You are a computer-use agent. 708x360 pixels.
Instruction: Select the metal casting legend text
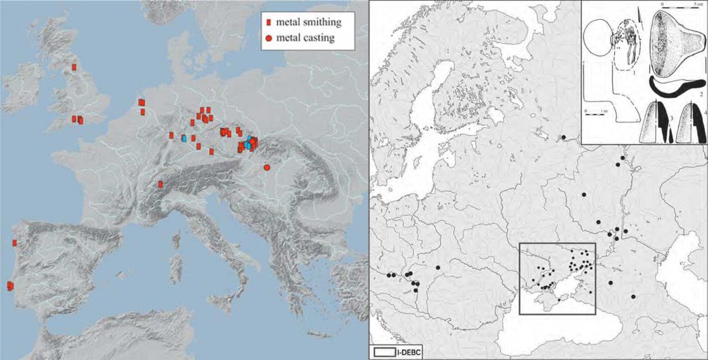pyautogui.click(x=306, y=38)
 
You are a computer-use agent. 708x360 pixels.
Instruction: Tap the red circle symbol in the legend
pyautogui.click(x=268, y=39)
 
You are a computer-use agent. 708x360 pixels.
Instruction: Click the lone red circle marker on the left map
pyautogui.click(x=266, y=167)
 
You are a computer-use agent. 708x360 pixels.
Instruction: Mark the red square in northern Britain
pyautogui.click(x=74, y=66)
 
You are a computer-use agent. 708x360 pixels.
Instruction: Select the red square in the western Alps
pyautogui.click(x=160, y=184)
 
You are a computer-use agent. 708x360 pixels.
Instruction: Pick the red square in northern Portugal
pyautogui.click(x=14, y=243)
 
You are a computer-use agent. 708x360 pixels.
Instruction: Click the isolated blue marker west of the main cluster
pyautogui.click(x=185, y=138)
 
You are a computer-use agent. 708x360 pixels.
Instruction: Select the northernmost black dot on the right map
pyautogui.click(x=563, y=137)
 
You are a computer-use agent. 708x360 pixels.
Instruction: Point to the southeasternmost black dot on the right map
pyautogui.click(x=633, y=297)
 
